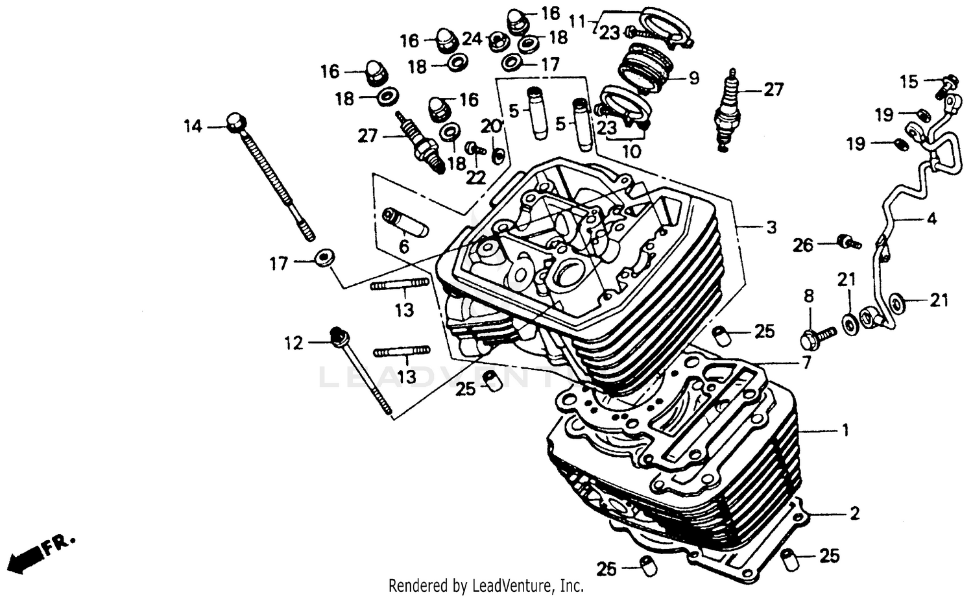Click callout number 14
click(x=193, y=127)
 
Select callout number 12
click(x=294, y=343)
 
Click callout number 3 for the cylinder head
click(x=771, y=227)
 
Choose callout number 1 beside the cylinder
click(x=844, y=430)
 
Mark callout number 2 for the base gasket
click(x=854, y=513)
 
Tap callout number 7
click(x=806, y=363)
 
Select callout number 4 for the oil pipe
click(x=931, y=219)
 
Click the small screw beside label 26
click(x=847, y=243)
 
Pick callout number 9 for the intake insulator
click(x=693, y=79)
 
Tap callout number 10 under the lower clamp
click(x=631, y=152)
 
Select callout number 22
click(x=475, y=177)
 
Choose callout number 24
click(x=472, y=38)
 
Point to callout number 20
click(x=491, y=125)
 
